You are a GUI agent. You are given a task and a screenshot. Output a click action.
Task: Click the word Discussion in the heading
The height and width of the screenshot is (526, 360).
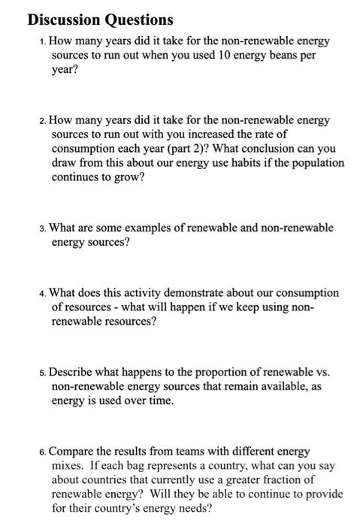point(54,19)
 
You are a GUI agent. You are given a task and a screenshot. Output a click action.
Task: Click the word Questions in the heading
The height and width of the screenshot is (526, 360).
point(135,19)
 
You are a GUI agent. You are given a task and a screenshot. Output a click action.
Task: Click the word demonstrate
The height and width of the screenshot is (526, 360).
point(153,292)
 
